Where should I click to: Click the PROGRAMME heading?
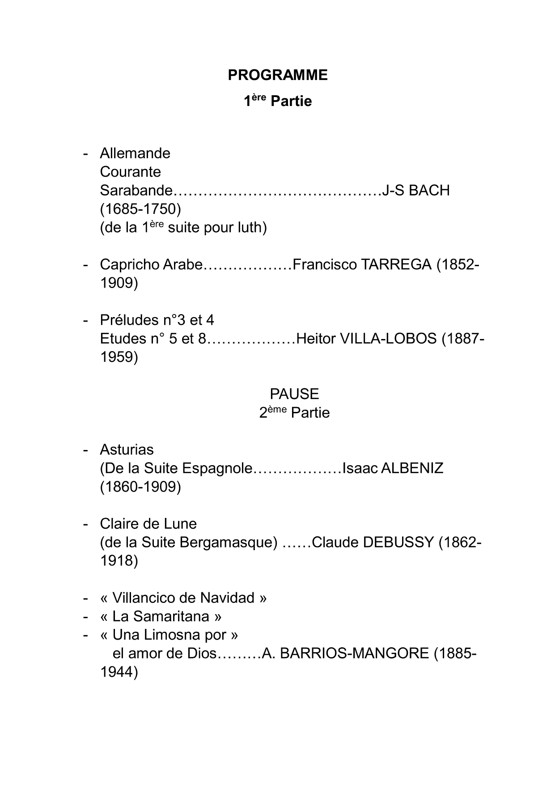277,75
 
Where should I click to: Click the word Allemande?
135,153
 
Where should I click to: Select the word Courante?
130,172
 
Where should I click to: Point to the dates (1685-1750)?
140,209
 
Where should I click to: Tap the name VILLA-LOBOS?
388,339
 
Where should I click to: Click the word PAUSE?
294,394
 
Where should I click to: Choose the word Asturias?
127,450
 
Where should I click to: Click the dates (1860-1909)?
140,487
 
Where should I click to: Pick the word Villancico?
145,598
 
